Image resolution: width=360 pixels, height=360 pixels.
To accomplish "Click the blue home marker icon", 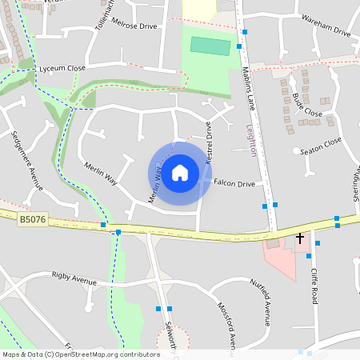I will click(x=180, y=173).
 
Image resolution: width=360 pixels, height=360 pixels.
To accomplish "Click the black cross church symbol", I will click(x=301, y=238).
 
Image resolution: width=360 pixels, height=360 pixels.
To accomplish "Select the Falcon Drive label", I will click(x=234, y=183).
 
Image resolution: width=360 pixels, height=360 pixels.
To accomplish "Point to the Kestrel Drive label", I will click(x=208, y=142).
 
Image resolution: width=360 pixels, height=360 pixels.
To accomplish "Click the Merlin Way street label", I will click(x=101, y=174).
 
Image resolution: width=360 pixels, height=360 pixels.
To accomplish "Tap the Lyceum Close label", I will click(x=62, y=69).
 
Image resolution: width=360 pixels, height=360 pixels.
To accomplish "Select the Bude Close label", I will click(x=307, y=105).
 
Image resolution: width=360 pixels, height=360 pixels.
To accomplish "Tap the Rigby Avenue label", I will click(x=74, y=280).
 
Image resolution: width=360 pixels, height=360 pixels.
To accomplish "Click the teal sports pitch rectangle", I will click(x=210, y=46).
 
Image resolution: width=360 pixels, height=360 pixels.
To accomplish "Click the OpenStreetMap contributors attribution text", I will click(x=82, y=354).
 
